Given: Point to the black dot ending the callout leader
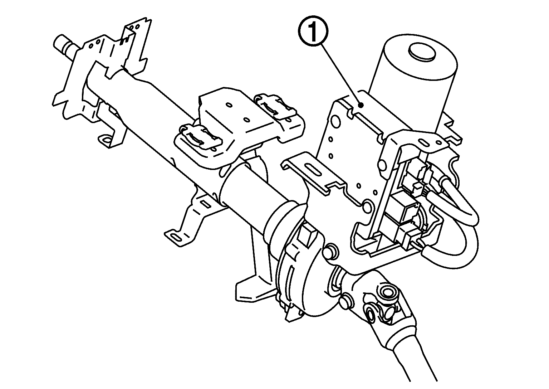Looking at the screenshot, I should click(362, 105).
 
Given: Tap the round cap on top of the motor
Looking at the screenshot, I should click(422, 52).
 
